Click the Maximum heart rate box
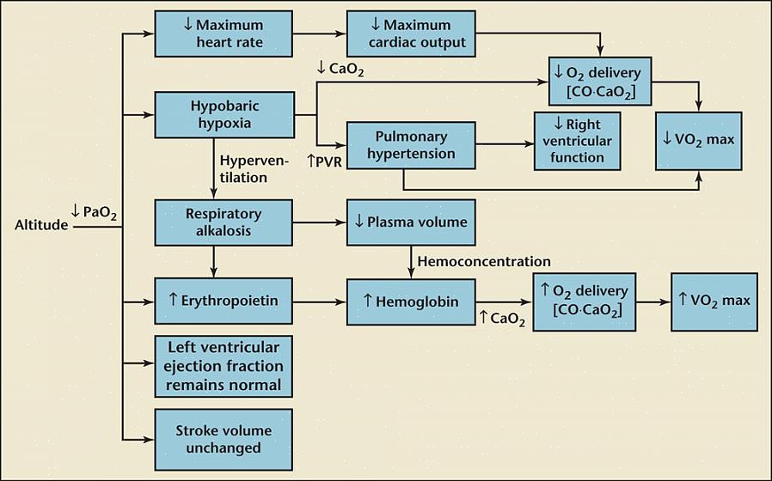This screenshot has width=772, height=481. coord(223,33)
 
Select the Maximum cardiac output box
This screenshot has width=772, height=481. coord(411,33)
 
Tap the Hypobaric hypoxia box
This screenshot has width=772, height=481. coord(223,114)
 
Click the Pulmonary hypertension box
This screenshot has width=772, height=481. coord(411,145)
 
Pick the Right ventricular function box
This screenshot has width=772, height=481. coord(577,141)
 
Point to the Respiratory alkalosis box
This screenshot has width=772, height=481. coord(223,222)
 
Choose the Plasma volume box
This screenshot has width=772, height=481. coord(411,222)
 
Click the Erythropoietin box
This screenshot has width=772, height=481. coord(223,301)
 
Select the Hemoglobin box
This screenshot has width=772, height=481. coord(411,301)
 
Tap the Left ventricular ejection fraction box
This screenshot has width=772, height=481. coord(223,366)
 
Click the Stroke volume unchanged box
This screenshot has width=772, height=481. coord(223,439)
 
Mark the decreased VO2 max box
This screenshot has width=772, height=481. coord(698,139)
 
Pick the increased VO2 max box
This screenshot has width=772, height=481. coord(714,301)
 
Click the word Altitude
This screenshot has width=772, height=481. coord(40,226)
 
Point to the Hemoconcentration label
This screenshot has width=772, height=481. coord(483,261)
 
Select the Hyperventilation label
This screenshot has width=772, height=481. coord(255,169)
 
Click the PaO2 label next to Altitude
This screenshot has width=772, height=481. coord(93,212)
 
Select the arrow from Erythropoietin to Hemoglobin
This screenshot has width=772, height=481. coord(319,301)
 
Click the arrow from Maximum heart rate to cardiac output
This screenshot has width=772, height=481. coord(319,33)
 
